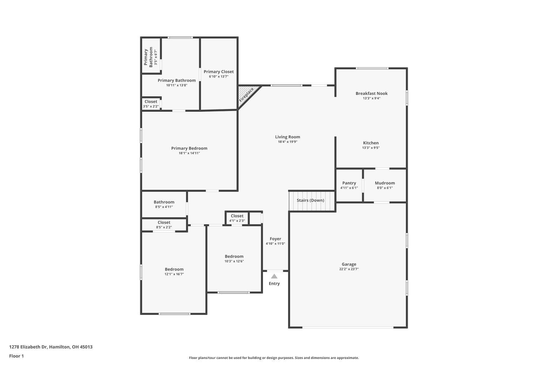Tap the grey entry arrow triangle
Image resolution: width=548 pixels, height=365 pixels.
click(x=274, y=276)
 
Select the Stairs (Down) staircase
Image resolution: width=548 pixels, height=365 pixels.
click(x=312, y=201)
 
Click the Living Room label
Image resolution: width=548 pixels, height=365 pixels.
click(x=288, y=137)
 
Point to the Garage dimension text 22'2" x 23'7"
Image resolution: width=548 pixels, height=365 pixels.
click(x=349, y=269)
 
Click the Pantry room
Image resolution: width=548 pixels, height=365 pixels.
click(x=349, y=185)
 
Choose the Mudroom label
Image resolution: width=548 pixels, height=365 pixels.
click(x=385, y=183)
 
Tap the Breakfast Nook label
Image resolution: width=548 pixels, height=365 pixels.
click(x=372, y=93)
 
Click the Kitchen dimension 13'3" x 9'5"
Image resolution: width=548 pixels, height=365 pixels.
click(x=371, y=148)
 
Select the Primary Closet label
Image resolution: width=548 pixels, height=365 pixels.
click(x=219, y=72)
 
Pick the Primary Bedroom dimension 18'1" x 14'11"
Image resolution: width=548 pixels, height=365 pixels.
click(x=189, y=153)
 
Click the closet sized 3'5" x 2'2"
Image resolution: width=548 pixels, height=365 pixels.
click(x=151, y=104)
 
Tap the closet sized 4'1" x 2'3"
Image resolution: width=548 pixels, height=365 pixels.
click(x=237, y=218)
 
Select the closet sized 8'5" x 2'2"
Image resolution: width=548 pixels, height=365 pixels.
click(x=164, y=225)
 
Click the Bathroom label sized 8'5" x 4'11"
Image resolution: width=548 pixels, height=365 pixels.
click(x=164, y=202)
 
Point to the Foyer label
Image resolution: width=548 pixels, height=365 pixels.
click(x=275, y=239)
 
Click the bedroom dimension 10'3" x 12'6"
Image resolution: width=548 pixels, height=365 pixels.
click(x=234, y=261)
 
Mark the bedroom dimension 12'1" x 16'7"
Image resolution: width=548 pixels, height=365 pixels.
click(x=174, y=274)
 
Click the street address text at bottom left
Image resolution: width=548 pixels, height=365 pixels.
click(x=51, y=347)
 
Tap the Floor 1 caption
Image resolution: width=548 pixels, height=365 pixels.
click(x=16, y=356)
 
